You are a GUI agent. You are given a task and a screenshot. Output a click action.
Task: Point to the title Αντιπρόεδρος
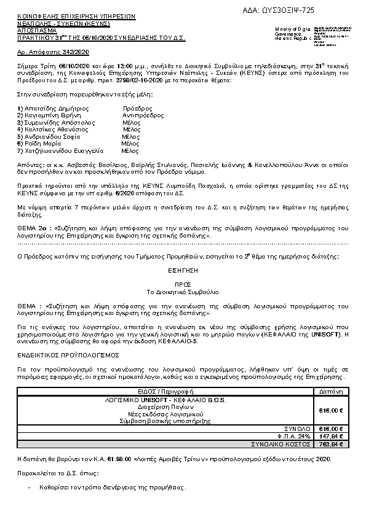[x=143, y=115]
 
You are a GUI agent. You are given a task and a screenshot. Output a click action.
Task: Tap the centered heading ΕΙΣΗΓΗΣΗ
[x=182, y=270]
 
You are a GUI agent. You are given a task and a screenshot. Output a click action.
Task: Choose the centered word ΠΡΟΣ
[x=182, y=284]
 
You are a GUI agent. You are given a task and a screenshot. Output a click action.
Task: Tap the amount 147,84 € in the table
[x=331, y=435]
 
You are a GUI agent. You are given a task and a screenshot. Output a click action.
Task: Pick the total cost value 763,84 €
[x=331, y=443]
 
